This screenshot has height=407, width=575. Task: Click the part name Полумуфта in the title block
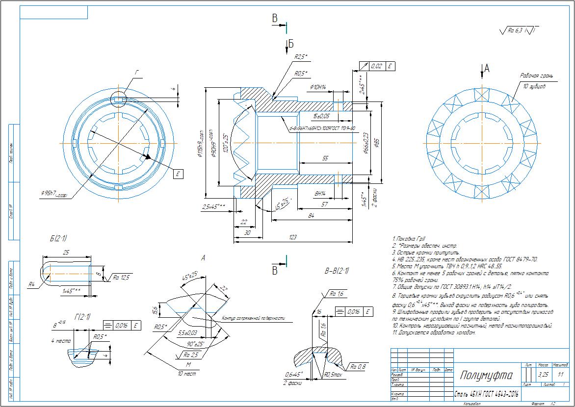coord(486,376)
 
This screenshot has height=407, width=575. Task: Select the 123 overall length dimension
coord(293,237)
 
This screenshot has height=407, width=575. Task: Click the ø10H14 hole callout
coord(319,87)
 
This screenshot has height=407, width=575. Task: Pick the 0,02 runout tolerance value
coord(377,66)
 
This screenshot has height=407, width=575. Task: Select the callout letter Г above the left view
coord(137,72)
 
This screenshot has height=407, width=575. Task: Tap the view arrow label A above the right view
coord(487,69)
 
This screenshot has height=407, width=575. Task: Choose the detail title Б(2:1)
coord(58,238)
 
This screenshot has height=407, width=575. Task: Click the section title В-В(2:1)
coord(336,270)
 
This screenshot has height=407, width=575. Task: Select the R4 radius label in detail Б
coord(32,283)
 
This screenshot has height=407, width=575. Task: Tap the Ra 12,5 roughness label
coord(121,278)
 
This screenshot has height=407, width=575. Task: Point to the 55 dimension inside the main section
coord(325,158)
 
